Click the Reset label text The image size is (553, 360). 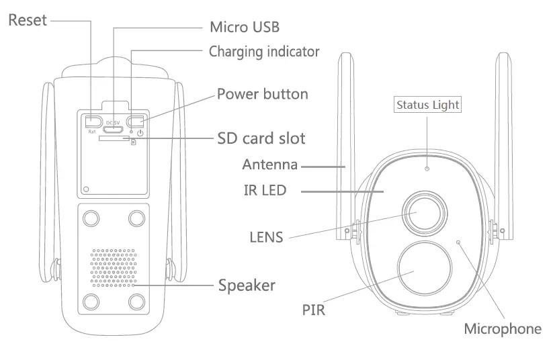tap(28, 20)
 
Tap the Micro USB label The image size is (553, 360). tap(244, 27)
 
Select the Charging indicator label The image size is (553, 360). tap(263, 51)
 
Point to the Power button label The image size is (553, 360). tap(262, 93)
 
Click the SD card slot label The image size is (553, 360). tap(261, 138)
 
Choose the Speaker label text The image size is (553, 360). tap(247, 285)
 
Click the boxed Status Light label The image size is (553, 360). tap(427, 104)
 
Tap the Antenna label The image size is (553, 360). tap(269, 165)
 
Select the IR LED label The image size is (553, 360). tap(265, 191)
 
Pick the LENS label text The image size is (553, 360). tap(266, 236)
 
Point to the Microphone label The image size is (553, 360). tap(503, 328)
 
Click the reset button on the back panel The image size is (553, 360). tap(93, 121)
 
